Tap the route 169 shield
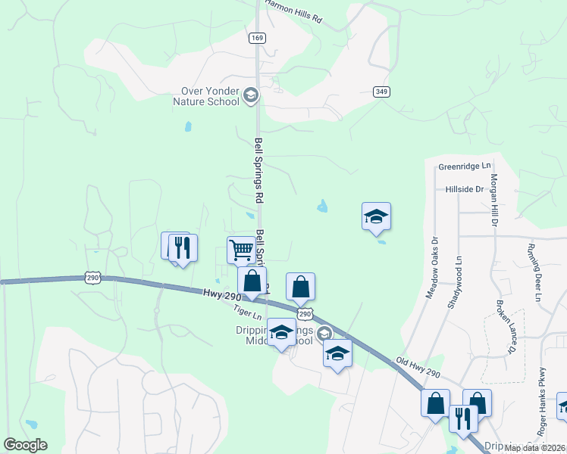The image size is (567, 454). pyautogui.click(x=257, y=37)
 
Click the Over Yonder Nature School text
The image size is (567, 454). pyautogui.click(x=206, y=96)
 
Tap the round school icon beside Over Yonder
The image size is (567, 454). pyautogui.click(x=251, y=95)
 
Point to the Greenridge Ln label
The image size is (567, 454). pyautogui.click(x=465, y=166)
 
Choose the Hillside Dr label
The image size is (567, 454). pyautogui.click(x=464, y=189)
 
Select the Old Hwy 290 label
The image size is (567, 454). pyautogui.click(x=418, y=367)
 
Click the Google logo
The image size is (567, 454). pyautogui.click(x=25, y=445)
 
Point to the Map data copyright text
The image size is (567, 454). pyautogui.click(x=534, y=448)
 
